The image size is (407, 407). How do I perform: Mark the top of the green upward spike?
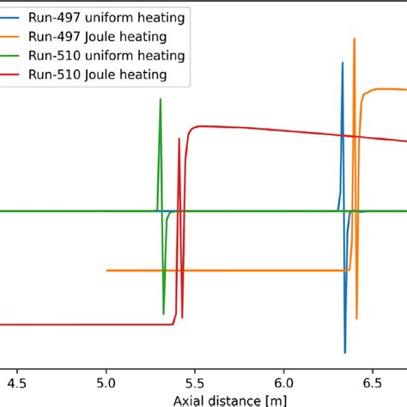[x=160, y=100]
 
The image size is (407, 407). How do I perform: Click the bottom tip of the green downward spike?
[x=163, y=313]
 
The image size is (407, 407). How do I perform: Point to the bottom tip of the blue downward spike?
[x=345, y=353]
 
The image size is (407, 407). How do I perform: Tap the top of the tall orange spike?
[x=353, y=39]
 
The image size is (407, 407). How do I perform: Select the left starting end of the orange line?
[x=106, y=270]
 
